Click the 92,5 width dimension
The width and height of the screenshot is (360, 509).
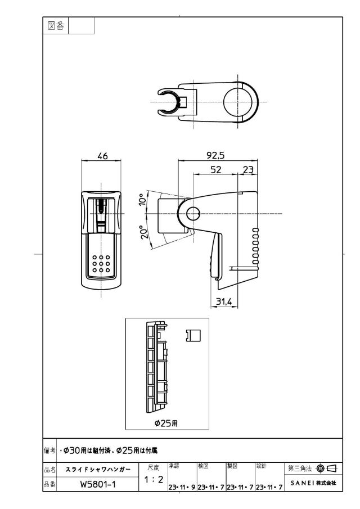215,155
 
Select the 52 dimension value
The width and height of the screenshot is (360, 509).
216,169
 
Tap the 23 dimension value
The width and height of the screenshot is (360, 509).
248,169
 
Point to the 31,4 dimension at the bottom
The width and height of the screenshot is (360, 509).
224,302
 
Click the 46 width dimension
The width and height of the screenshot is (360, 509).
102,156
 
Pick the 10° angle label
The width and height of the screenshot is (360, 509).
142,200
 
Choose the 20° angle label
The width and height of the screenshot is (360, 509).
145,232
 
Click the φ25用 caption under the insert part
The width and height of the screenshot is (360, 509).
166,424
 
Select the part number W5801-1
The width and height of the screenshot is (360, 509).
98,484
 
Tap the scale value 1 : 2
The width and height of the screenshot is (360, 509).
154,479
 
